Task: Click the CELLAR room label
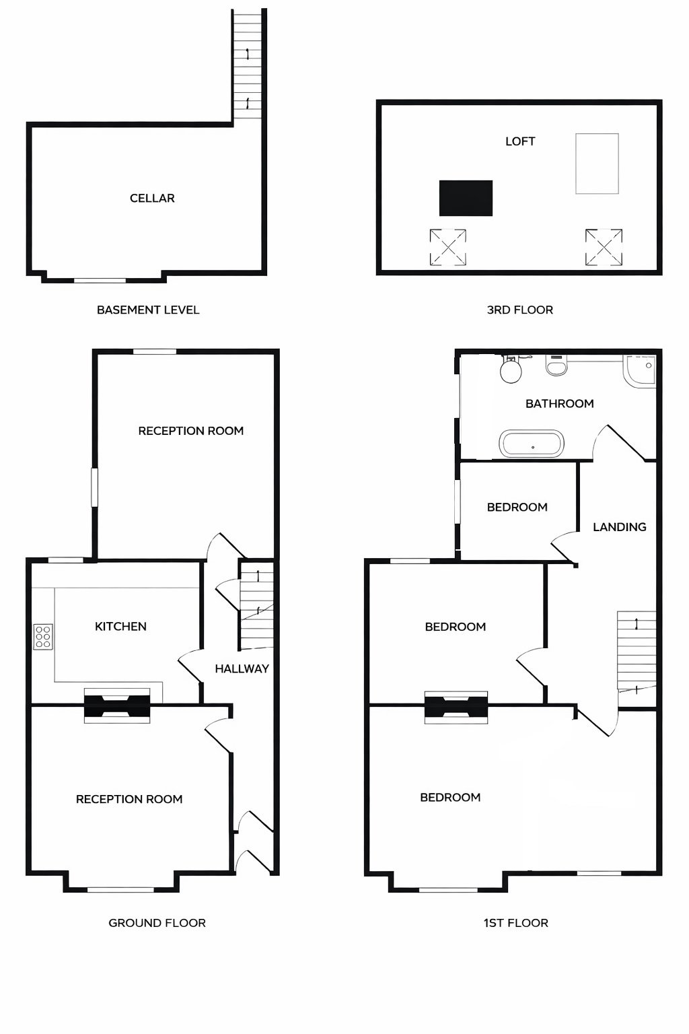(152, 198)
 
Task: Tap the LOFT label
(520, 141)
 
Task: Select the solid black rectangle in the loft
(466, 198)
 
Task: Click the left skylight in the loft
(448, 246)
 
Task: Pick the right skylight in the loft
(604, 246)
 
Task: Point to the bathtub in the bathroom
(532, 444)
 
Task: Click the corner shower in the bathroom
(640, 371)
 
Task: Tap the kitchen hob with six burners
(43, 637)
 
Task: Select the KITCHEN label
(120, 627)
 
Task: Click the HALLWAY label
(242, 669)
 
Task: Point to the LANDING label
(619, 527)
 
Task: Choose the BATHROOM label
(559, 404)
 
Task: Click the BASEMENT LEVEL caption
(148, 310)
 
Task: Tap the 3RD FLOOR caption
(519, 310)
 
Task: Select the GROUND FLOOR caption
(157, 923)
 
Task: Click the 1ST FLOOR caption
(515, 923)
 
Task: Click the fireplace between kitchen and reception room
(116, 706)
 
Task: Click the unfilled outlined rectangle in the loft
(597, 164)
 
